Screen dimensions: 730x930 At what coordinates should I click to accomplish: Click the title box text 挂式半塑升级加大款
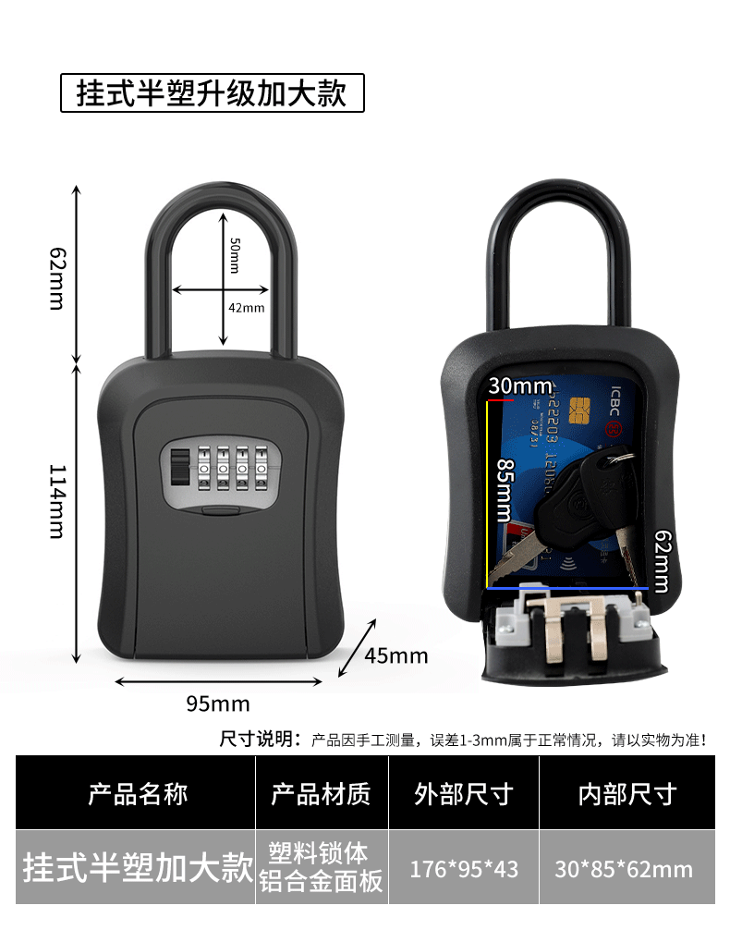click(212, 93)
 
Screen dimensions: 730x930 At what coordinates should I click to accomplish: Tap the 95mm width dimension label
click(218, 704)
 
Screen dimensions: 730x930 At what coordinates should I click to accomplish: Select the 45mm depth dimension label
click(395, 655)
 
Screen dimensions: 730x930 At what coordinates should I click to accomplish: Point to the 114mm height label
click(57, 501)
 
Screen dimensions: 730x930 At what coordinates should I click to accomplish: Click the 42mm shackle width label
click(247, 307)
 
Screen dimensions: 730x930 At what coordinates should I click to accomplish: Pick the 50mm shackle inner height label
click(234, 254)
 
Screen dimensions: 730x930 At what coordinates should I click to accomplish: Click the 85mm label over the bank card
click(505, 491)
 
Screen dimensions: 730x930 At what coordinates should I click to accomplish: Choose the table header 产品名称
click(137, 793)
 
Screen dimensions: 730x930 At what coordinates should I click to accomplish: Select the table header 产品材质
click(321, 793)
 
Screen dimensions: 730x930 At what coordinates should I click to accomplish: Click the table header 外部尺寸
click(463, 793)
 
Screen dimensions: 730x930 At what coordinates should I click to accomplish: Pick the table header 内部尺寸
click(627, 793)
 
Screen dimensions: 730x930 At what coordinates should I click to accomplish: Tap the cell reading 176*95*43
click(464, 869)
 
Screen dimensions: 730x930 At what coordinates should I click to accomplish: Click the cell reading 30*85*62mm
click(624, 869)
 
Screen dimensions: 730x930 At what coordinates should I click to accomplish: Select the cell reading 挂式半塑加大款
click(137, 869)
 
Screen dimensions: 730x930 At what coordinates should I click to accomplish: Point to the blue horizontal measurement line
click(564, 587)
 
